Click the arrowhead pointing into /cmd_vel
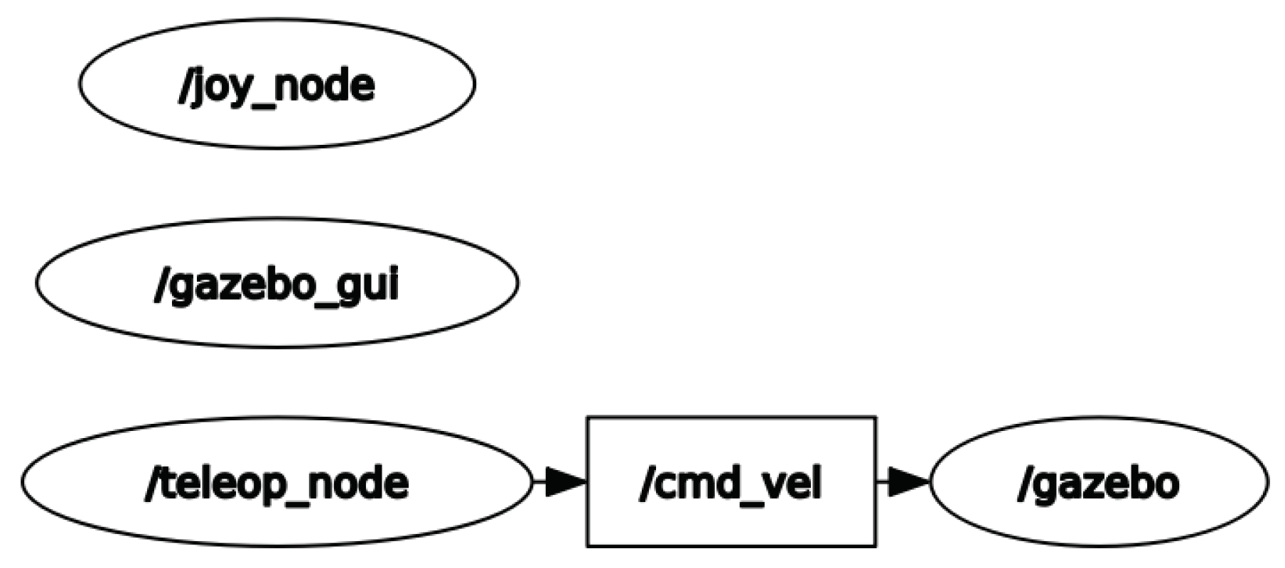click(565, 481)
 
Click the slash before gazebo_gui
click(159, 287)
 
